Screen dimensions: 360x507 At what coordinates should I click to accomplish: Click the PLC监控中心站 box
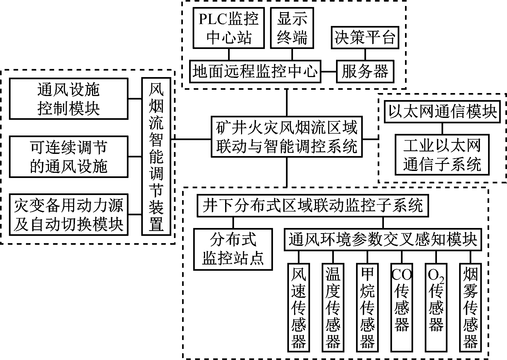(229, 28)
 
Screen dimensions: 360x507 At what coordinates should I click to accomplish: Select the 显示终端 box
(292, 28)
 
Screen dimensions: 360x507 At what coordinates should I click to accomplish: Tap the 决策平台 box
(365, 37)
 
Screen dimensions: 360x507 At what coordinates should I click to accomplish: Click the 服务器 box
(365, 71)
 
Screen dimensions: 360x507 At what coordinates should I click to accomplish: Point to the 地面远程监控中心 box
(255, 71)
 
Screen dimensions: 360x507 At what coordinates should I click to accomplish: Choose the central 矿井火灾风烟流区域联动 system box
(287, 137)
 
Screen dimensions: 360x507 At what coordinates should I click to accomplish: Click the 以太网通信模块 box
(442, 112)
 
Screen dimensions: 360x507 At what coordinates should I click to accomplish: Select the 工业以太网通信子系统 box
(442, 155)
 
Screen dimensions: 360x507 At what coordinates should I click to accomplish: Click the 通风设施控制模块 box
(68, 99)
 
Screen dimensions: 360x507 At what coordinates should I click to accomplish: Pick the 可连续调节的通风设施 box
(68, 157)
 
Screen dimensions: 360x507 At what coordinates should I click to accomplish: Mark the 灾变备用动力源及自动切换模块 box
(68, 214)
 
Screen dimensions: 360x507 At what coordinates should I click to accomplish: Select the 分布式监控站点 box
(233, 249)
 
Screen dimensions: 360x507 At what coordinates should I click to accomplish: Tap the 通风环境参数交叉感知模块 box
(383, 240)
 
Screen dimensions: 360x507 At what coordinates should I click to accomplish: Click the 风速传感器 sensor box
(299, 307)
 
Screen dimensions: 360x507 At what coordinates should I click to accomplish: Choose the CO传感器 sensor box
(401, 307)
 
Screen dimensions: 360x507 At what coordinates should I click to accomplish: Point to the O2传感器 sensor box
(436, 307)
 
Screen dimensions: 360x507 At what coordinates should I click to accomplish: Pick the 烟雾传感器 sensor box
(470, 307)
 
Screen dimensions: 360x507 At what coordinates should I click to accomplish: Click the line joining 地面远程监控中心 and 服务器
(328, 72)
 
